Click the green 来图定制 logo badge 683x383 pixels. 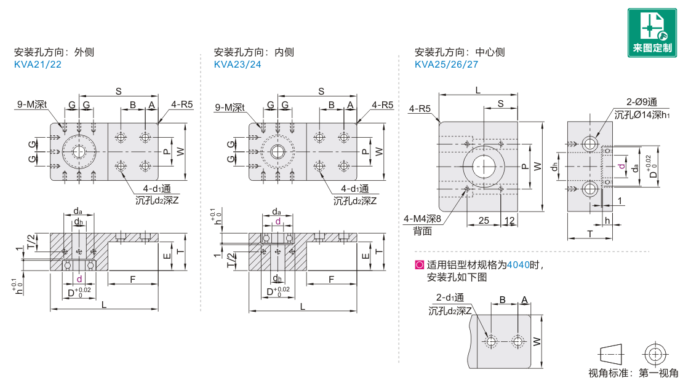652,33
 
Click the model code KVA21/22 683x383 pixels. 38,65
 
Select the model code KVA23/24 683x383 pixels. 238,65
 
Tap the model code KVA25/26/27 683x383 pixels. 446,65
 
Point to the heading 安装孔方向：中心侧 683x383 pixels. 459,52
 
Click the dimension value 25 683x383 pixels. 483,220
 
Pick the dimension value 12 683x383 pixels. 509,220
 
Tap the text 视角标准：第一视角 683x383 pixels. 633,373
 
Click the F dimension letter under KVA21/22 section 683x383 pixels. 133,280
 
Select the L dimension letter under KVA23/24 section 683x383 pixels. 302,306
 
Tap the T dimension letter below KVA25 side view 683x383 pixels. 589,234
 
